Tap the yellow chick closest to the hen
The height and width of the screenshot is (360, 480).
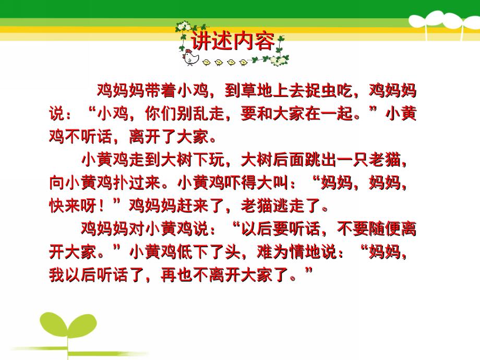(x=207, y=63)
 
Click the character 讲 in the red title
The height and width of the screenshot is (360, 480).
(x=201, y=41)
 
